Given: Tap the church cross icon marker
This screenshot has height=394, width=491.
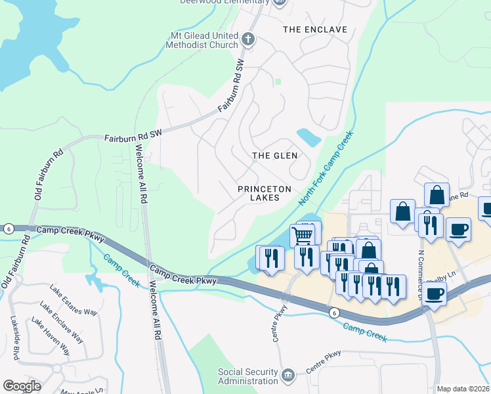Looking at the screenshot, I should [248, 39].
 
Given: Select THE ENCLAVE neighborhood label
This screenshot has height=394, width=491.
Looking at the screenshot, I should [314, 30].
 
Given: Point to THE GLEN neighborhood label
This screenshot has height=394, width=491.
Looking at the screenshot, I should [275, 156].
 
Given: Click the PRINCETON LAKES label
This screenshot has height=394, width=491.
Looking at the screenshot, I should [265, 193].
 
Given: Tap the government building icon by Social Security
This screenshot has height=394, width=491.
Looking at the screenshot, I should [288, 376].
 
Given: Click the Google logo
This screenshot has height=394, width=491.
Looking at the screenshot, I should [22, 386].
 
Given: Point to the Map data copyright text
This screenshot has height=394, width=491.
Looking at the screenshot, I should [463, 389].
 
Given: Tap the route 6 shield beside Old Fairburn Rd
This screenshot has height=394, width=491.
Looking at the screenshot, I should [8, 228].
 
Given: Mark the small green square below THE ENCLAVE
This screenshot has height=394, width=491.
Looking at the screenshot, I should [278, 82].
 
